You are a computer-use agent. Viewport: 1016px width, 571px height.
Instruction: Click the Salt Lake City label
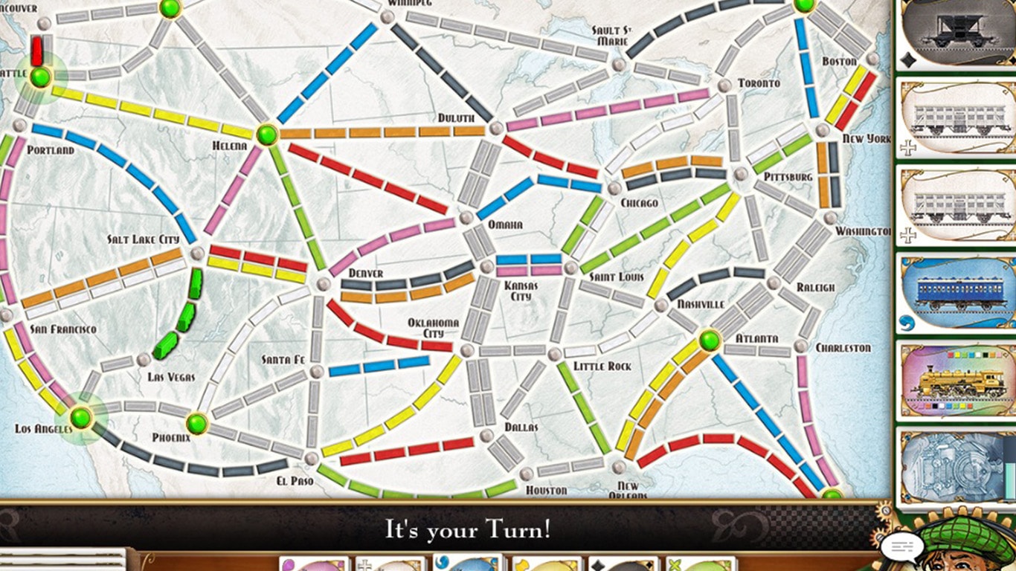coord(144,239)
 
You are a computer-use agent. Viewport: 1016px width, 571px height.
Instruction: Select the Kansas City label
coord(521,291)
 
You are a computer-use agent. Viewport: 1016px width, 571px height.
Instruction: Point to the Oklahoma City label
coord(433,328)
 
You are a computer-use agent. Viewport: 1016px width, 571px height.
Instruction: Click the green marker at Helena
coord(266,135)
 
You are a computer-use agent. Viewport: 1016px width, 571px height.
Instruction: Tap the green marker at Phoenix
coord(196,423)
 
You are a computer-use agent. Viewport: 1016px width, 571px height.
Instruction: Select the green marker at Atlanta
coord(710,341)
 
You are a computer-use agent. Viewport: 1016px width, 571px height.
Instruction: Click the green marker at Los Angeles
coord(80,417)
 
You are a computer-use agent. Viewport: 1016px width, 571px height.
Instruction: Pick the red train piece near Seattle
coord(36,51)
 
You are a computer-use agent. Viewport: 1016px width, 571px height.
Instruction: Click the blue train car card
coord(956,292)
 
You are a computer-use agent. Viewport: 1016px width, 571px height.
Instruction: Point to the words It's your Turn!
coord(468,530)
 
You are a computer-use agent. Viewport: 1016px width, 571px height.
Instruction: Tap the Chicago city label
coord(638,203)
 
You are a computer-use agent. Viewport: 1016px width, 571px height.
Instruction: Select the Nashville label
coord(701,305)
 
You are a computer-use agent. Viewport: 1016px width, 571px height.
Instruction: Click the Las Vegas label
coord(171,378)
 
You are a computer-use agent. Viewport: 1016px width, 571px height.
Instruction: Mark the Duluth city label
coord(455,118)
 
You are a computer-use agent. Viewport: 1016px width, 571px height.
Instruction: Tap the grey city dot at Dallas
coord(487,435)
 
